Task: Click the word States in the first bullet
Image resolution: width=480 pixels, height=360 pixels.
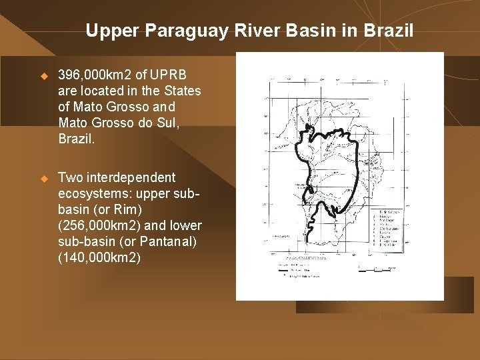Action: (x=181, y=91)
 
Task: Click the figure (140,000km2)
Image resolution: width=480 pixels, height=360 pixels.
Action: (x=99, y=257)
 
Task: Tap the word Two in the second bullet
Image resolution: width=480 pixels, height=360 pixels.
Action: (x=70, y=178)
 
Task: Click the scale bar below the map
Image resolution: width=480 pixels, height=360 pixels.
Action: (x=377, y=269)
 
